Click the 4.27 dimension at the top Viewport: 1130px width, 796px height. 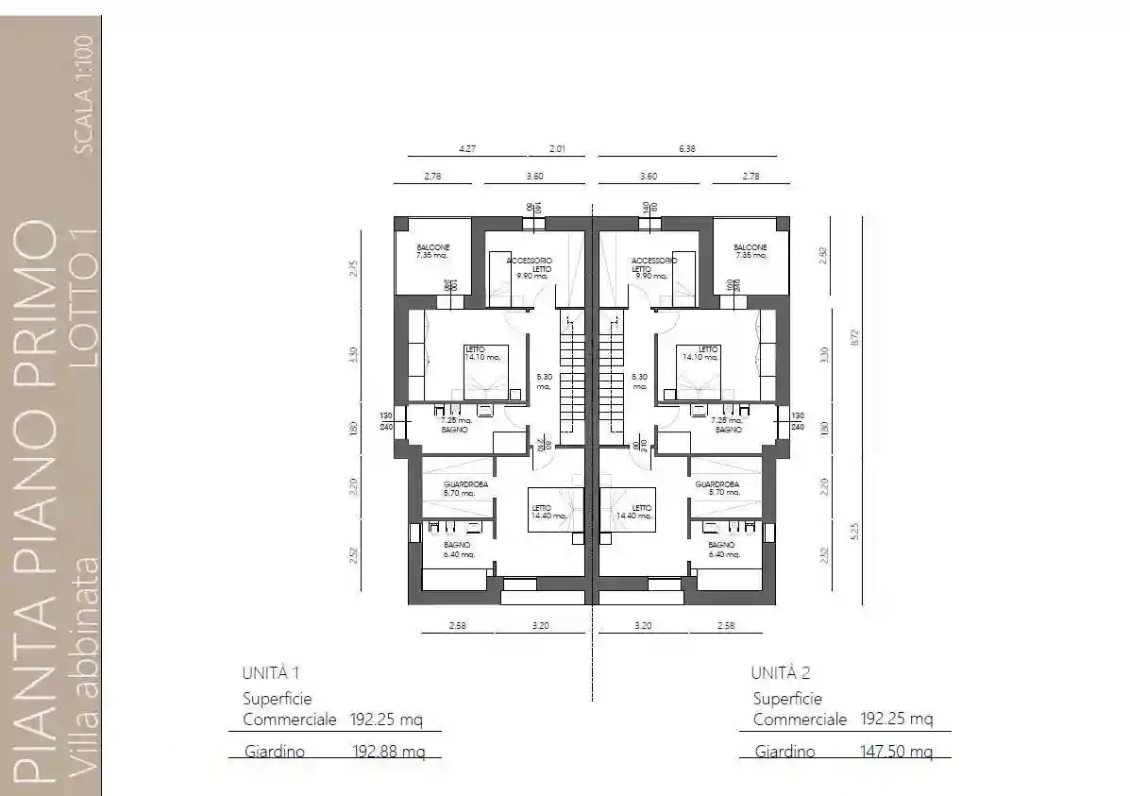coord(465,148)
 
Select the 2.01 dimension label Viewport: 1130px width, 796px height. coord(561,148)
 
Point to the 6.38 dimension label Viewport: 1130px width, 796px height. coord(686,148)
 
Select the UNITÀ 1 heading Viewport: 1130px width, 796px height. coord(271,673)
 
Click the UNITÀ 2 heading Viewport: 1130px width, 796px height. coord(781,673)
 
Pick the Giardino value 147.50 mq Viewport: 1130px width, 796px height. coord(897,752)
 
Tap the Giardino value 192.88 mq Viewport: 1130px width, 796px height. coord(387,752)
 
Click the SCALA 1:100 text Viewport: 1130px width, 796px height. coord(83,93)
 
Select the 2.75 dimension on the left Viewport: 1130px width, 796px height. coord(353,268)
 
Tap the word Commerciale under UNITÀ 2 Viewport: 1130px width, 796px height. coord(800,720)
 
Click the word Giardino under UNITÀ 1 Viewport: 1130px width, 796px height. coord(273,752)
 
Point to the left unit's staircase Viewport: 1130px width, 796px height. coord(573,378)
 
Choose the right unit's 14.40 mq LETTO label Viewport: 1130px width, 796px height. coord(634,511)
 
